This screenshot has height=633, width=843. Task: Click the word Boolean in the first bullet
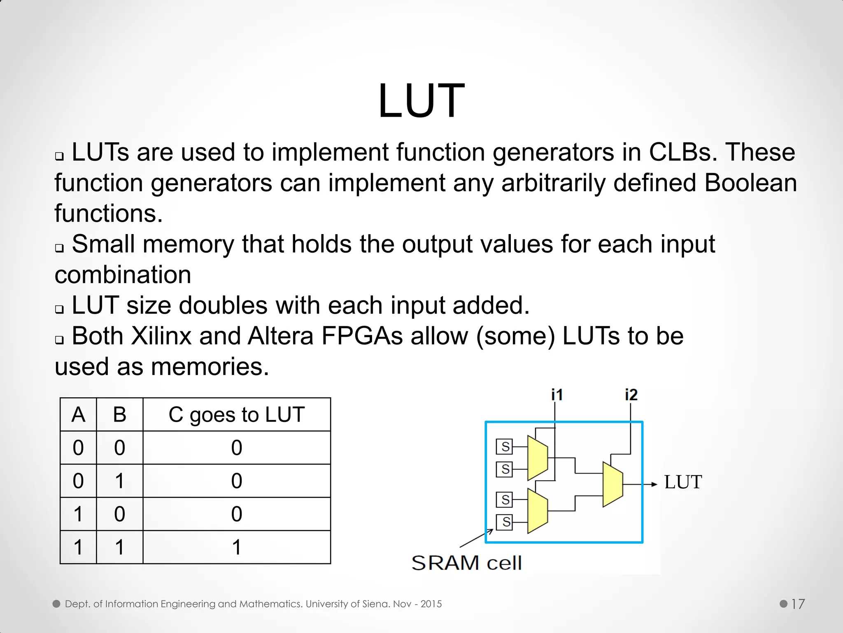[x=750, y=183]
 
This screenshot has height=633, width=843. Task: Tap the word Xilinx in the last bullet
[x=161, y=336]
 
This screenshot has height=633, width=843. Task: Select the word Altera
[x=280, y=336]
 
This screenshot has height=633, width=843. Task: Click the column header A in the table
[x=78, y=415]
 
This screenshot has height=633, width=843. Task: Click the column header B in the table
[x=119, y=415]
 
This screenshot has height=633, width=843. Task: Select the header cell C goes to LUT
[x=236, y=415]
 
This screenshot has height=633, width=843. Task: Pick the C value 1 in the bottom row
[x=236, y=547]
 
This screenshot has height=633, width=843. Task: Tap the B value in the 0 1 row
[x=119, y=481]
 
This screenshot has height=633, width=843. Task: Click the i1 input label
[x=557, y=395]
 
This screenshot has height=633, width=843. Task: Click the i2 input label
[x=631, y=395]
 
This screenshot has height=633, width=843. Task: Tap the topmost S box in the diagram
[x=505, y=446]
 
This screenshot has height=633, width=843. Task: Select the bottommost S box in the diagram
[x=505, y=522]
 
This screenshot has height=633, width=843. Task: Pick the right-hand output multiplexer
[x=612, y=484]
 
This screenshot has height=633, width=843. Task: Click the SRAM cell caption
[x=466, y=563]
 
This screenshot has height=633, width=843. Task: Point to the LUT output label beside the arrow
[x=683, y=482]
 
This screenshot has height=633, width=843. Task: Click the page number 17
[x=798, y=604]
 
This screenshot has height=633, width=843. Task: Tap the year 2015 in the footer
[x=431, y=604]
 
